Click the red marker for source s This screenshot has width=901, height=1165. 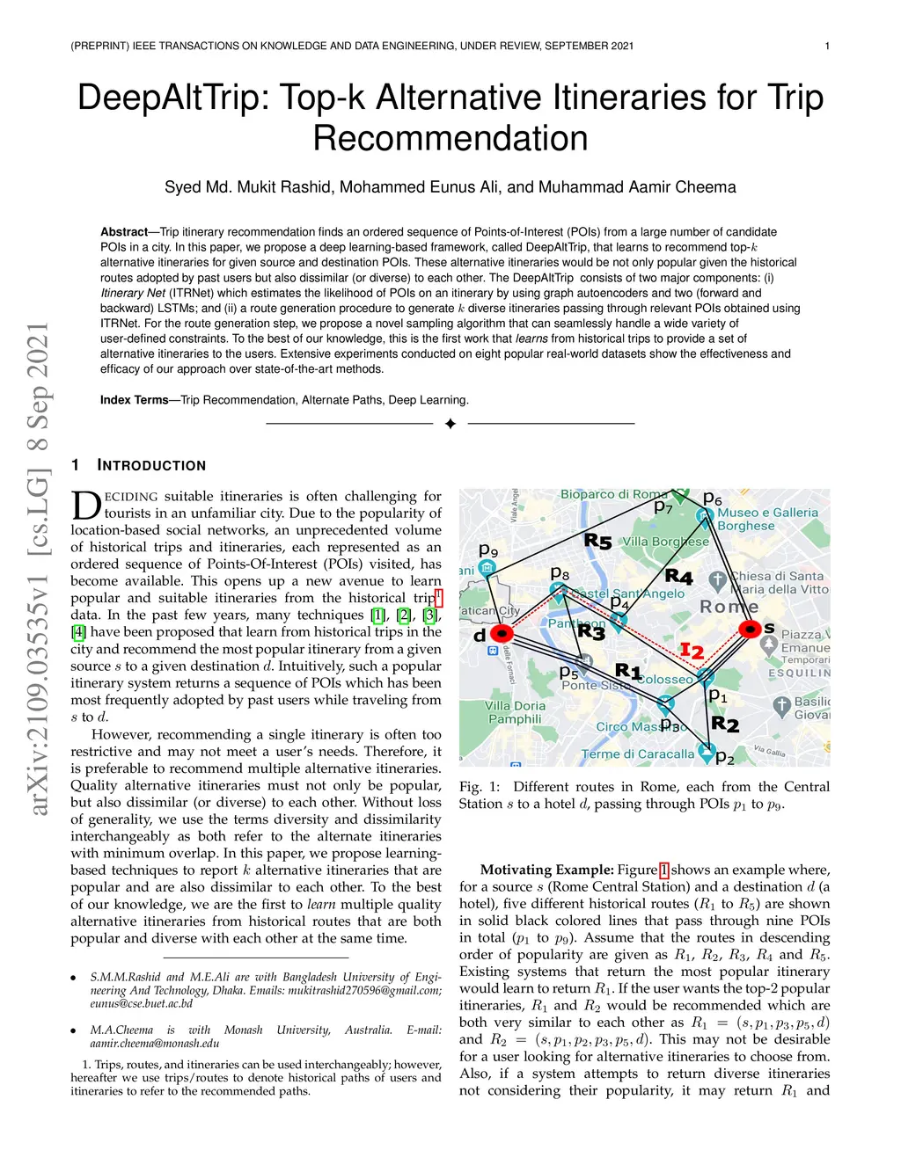(x=750, y=629)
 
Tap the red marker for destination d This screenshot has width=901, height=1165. (x=502, y=633)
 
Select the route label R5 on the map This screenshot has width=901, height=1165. (x=598, y=542)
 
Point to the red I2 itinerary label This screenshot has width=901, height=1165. (x=692, y=652)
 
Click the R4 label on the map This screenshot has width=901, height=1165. (x=678, y=577)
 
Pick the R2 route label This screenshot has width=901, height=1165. (x=725, y=724)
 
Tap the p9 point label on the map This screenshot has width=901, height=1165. (x=488, y=550)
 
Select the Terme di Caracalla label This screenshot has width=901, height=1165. (x=638, y=754)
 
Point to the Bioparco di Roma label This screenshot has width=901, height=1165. (x=614, y=495)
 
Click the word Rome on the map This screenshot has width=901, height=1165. (x=729, y=607)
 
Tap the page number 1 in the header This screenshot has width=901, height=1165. (x=827, y=46)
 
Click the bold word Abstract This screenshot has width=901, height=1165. (x=124, y=232)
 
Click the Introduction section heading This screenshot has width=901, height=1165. (x=150, y=465)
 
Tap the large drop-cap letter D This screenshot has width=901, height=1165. (x=85, y=506)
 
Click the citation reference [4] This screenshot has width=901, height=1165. (x=79, y=632)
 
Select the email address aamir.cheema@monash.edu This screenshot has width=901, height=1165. (x=154, y=1044)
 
